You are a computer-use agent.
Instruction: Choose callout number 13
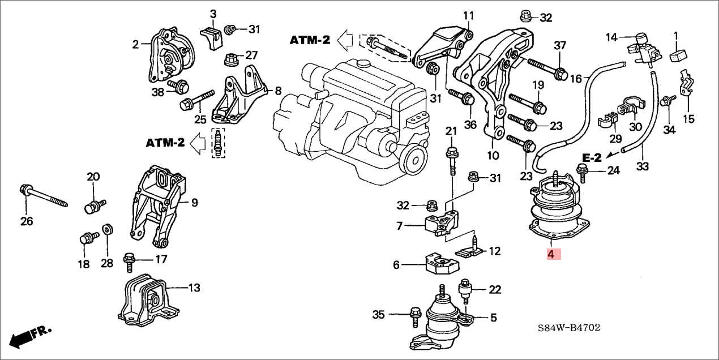[194, 288]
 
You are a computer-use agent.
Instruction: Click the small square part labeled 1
[678, 55]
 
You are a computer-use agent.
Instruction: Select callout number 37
[559, 45]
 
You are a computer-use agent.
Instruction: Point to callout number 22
[495, 290]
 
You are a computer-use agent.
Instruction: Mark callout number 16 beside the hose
[575, 79]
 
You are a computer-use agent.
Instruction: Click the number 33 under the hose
[642, 166]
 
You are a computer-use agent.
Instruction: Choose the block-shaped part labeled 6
[440, 263]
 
